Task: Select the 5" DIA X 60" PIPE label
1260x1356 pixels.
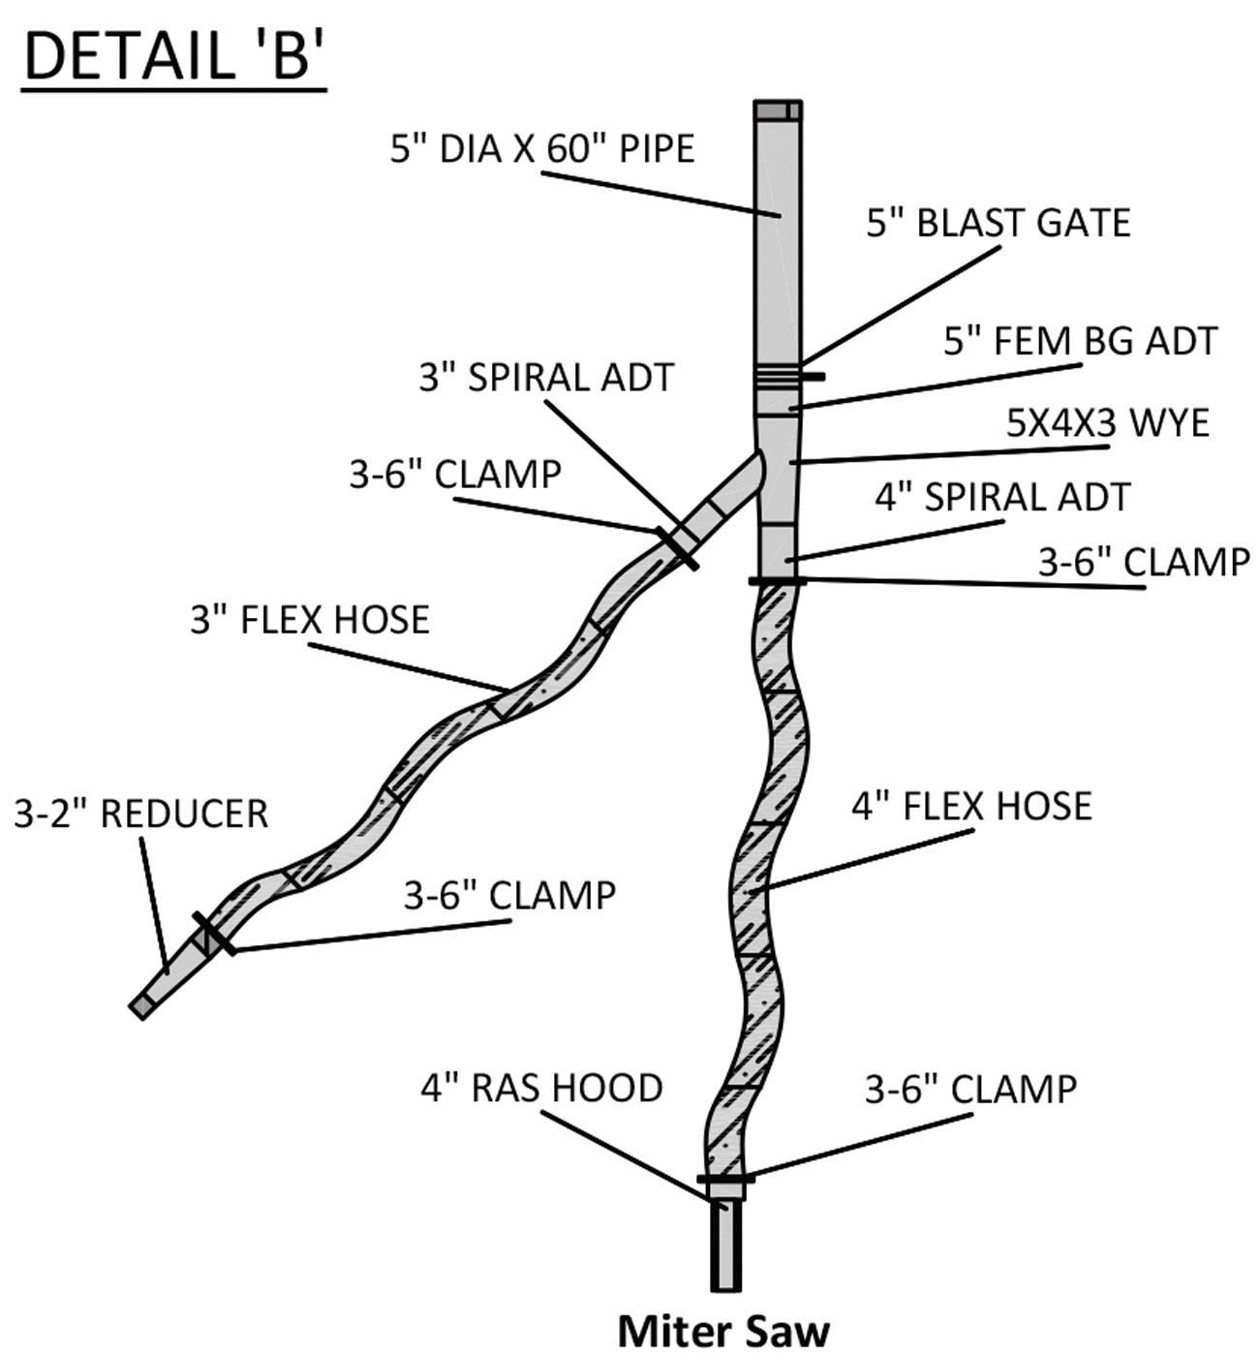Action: [x=542, y=149]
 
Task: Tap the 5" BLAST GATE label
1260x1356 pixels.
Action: [x=999, y=223]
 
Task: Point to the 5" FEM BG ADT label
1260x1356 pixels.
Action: [x=1080, y=341]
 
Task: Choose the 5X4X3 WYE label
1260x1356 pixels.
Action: [x=1108, y=423]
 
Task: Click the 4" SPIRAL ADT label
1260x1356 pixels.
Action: [x=1002, y=497]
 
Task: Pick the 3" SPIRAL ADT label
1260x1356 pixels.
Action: [x=546, y=378]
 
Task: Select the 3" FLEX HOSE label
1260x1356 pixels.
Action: [x=310, y=620]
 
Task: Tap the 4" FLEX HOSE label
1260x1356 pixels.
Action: [x=971, y=806]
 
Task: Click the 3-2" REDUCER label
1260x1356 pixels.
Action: [x=141, y=814]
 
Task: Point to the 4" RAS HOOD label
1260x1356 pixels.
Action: [x=541, y=1088]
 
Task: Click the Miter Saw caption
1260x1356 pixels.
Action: [x=723, y=1330]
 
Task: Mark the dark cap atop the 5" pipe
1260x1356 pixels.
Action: [x=778, y=109]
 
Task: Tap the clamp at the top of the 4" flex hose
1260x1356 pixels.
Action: [x=777, y=581]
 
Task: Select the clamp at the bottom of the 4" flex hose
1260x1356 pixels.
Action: [x=725, y=1179]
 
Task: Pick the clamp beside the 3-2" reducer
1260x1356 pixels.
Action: [x=214, y=933]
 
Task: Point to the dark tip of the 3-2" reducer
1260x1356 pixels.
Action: [x=141, y=1006]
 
